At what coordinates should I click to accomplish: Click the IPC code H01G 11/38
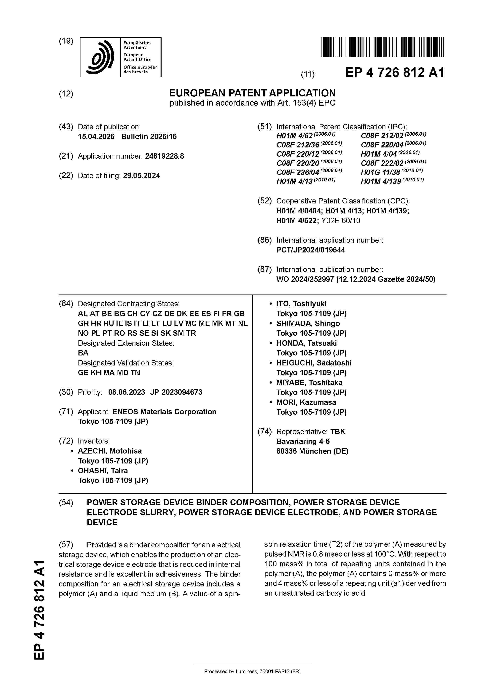380,172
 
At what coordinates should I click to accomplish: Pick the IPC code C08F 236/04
298,172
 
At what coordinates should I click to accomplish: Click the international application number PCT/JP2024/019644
311,250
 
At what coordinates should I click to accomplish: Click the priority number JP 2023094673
176,392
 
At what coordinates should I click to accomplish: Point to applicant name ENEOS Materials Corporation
164,412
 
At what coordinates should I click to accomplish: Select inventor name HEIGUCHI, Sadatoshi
314,363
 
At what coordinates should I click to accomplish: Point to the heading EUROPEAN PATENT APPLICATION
252,93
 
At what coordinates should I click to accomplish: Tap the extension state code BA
83,353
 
